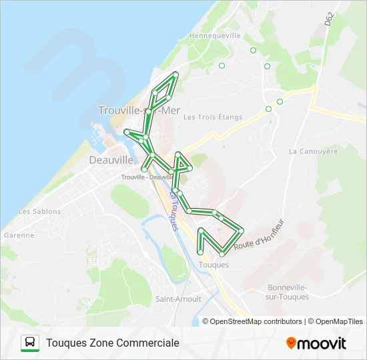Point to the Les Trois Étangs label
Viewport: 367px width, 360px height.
213,117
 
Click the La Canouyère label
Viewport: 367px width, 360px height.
313,151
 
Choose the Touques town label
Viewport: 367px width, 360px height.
214,265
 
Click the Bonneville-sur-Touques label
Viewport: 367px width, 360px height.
288,291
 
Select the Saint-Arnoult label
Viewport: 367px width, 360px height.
178,299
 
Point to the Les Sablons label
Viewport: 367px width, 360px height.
39,211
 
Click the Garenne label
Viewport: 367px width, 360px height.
19,235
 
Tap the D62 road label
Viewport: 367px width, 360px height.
330,19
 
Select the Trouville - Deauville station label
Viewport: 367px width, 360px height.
147,177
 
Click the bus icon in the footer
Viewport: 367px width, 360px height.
30,343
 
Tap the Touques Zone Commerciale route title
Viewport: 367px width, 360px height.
113,343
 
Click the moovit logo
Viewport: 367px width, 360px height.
316,343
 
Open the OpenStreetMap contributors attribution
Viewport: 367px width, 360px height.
256,321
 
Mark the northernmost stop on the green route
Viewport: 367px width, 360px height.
175,73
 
